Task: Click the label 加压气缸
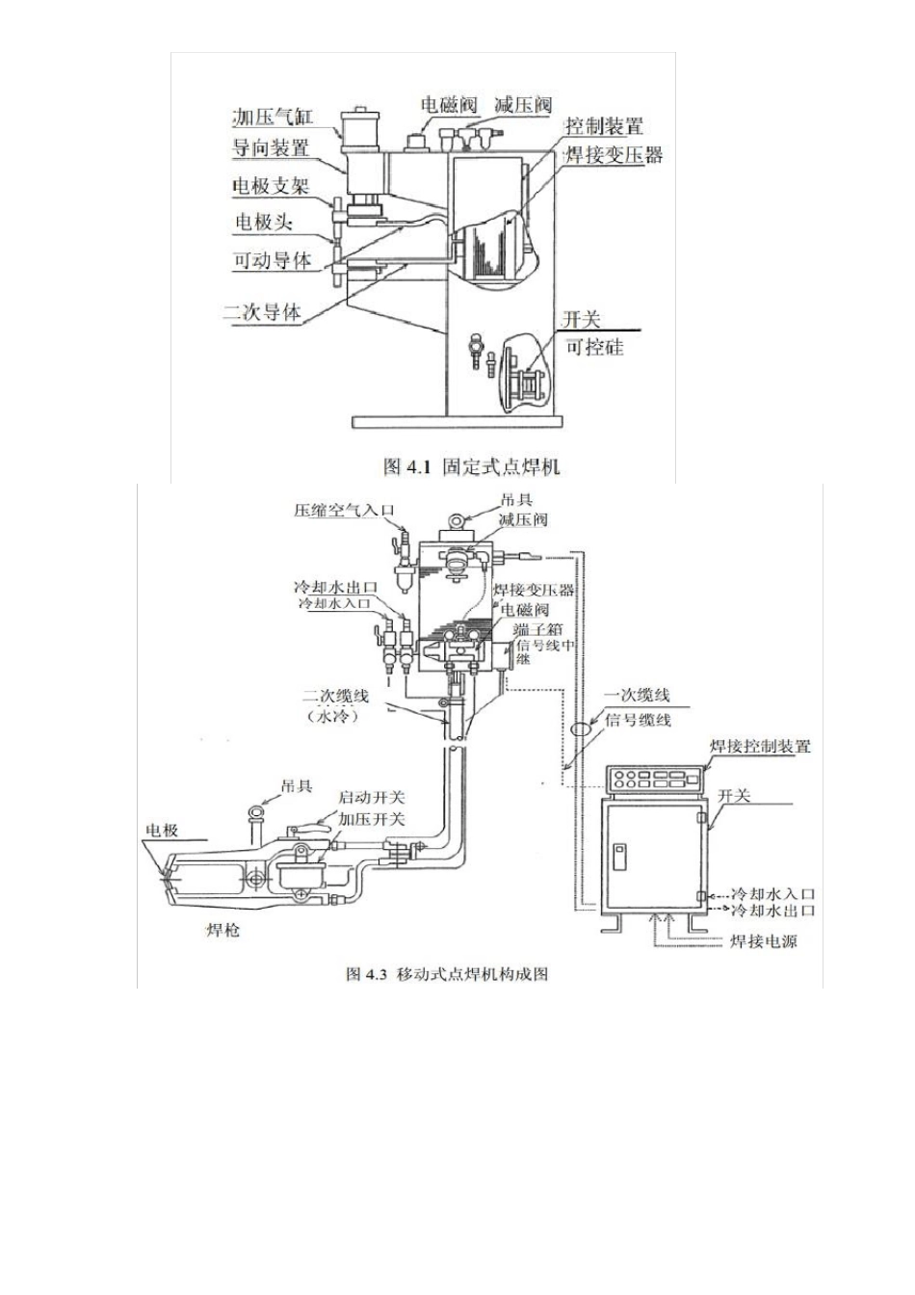pos(274,117)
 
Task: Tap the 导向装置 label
pos(271,149)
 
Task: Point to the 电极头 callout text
pos(264,222)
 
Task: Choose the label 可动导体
pos(273,260)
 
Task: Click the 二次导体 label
pos(261,312)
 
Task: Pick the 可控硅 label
pos(594,347)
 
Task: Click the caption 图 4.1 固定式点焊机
pos(471,467)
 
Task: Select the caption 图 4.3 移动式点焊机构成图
pos(447,974)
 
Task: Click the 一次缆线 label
pos(637,696)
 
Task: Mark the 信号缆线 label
pos(638,719)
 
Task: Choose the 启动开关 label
pos(372,798)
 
